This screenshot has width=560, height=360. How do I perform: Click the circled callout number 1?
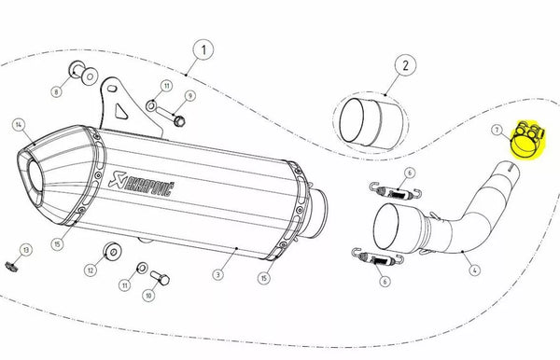click(x=203, y=47)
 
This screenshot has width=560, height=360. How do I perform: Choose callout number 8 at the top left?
click(x=57, y=91)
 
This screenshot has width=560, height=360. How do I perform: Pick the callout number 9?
click(x=189, y=96)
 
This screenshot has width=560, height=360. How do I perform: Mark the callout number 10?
click(x=147, y=295)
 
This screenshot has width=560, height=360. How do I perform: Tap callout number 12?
click(x=91, y=270)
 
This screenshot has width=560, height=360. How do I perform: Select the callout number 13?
click(x=26, y=250)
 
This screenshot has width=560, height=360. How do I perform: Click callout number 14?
click(x=18, y=124)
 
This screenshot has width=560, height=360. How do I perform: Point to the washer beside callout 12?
click(x=114, y=250)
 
